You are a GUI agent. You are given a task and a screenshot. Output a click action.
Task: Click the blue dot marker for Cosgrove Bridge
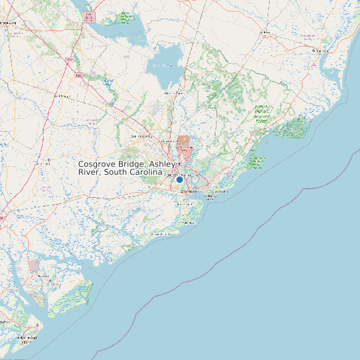point(179,179)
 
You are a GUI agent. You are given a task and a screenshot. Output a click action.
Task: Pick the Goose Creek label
point(170,141)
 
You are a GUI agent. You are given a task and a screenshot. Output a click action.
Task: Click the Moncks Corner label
point(174,94)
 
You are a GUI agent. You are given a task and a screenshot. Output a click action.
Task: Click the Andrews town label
point(266,32)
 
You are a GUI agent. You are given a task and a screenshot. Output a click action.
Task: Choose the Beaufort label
point(43,276)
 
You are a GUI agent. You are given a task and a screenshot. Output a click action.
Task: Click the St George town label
point(62,96)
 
